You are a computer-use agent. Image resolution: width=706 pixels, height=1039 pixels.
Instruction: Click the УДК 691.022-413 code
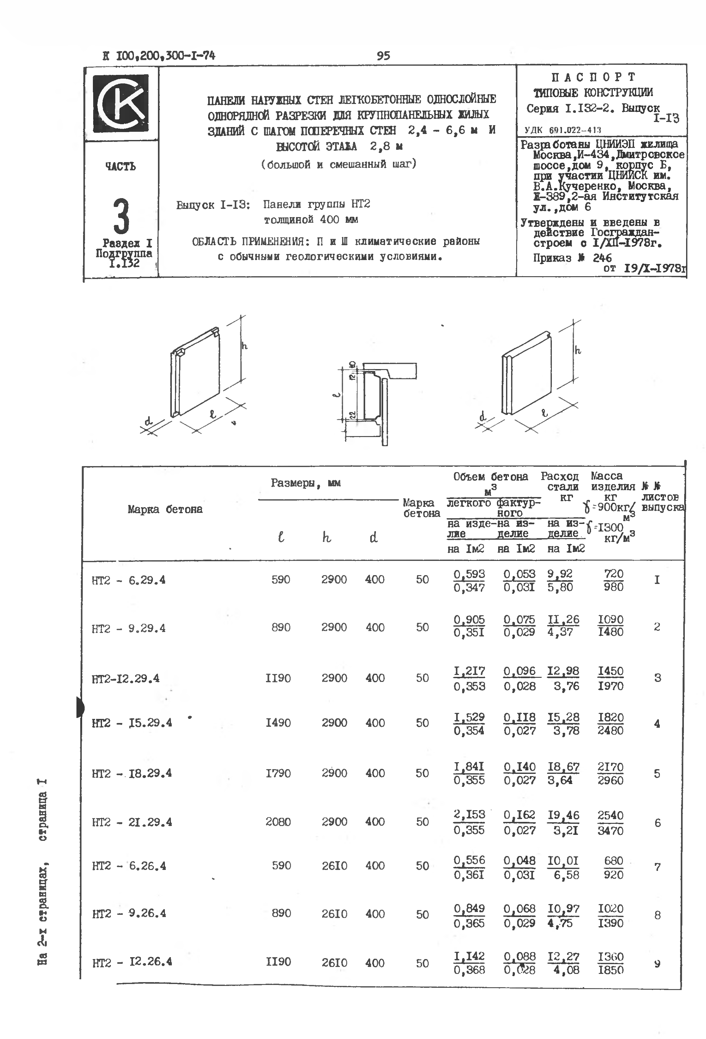click(563, 130)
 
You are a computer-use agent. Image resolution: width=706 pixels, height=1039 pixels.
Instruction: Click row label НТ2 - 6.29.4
click(128, 580)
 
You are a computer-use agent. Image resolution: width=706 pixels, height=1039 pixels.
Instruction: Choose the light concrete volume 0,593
click(469, 574)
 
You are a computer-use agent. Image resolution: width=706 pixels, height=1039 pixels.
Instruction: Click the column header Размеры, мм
click(306, 483)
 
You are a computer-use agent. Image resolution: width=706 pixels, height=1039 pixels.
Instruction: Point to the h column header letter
click(327, 538)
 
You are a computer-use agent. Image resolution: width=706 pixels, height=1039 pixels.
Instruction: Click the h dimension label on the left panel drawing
click(244, 346)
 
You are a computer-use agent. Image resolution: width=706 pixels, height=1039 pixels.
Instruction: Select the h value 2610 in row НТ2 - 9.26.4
click(334, 914)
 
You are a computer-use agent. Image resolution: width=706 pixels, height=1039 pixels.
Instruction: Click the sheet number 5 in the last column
click(657, 774)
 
